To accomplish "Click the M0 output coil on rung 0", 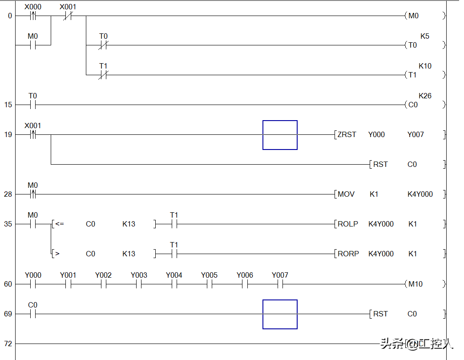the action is click(x=413, y=16).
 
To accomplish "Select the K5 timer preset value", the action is click(x=425, y=36).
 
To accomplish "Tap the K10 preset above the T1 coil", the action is click(x=425, y=66).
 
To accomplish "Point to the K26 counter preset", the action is click(x=425, y=96).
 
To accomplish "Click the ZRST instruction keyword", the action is click(x=347, y=134).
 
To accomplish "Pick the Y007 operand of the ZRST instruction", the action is click(x=416, y=134).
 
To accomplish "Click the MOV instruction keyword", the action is click(x=346, y=194).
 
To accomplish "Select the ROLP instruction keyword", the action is click(x=347, y=224).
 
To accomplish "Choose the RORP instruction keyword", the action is click(x=348, y=254).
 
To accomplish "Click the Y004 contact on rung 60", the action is click(x=174, y=284).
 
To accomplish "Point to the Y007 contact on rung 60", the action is click(x=280, y=284).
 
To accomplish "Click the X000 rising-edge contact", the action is click(x=33, y=16).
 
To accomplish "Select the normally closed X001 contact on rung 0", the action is click(x=68, y=16).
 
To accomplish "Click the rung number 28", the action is click(x=8, y=194).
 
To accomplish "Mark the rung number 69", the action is click(x=8, y=314).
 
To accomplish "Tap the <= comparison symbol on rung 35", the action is click(x=60, y=224).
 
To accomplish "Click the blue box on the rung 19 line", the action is click(x=280, y=135).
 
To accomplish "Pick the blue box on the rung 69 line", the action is click(x=280, y=314).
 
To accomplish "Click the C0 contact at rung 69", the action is click(x=33, y=314).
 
